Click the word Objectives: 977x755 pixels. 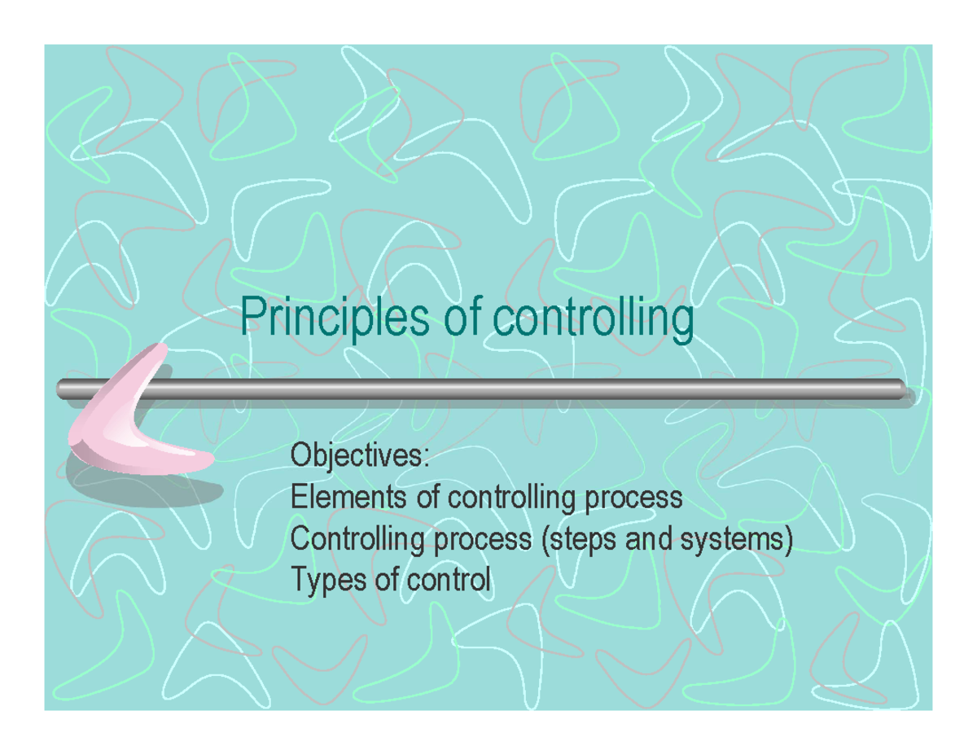(x=359, y=455)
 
